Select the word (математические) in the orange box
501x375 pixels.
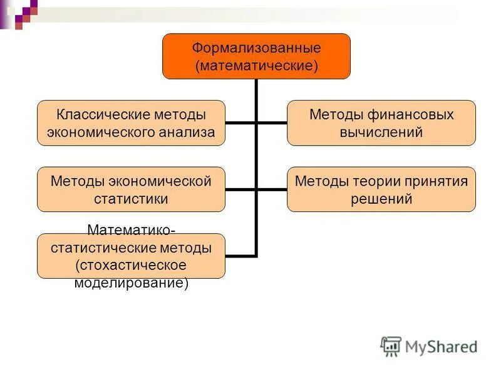click(256, 65)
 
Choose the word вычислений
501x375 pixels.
click(381, 132)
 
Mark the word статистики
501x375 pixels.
click(131, 199)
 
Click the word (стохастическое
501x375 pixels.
click(131, 265)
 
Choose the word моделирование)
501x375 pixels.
click(131, 282)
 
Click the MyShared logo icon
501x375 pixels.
click(391, 346)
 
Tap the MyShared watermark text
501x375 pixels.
click(441, 347)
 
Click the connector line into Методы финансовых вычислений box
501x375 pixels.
click(272, 123)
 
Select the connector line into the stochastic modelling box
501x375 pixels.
click(240, 256)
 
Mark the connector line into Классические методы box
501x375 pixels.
click(240, 123)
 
